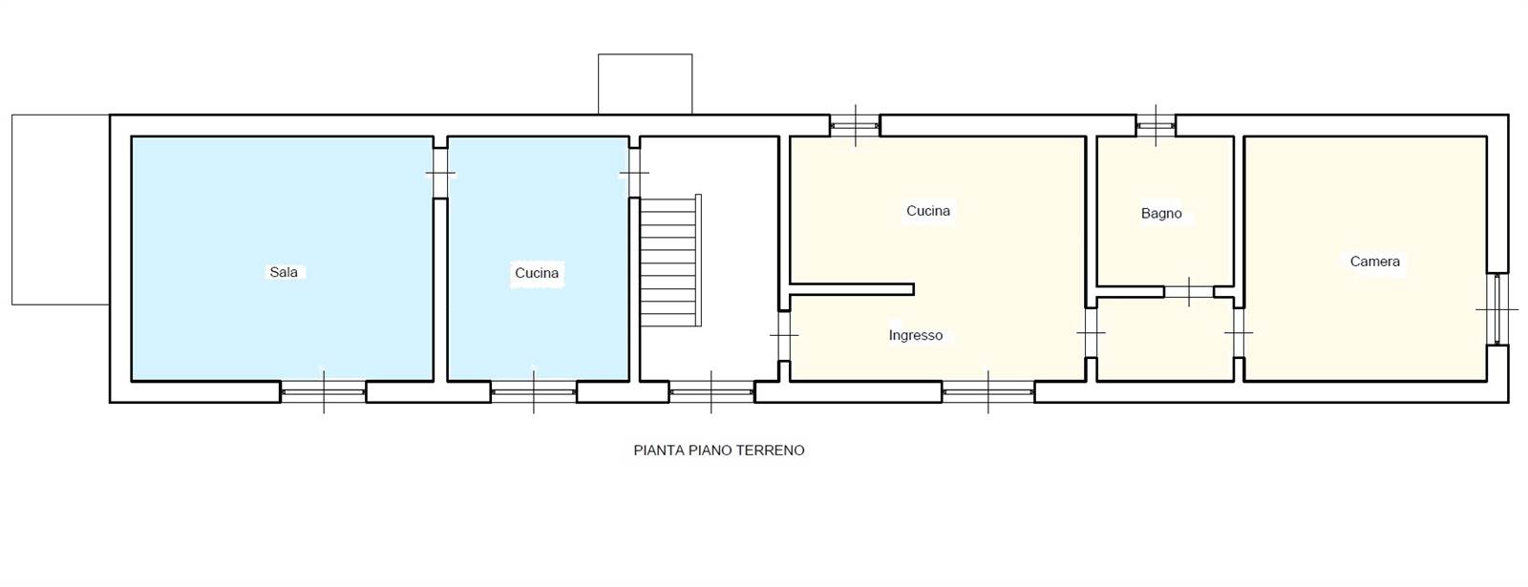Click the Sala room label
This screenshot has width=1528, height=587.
(284, 272)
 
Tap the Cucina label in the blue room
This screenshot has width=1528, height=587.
(537, 273)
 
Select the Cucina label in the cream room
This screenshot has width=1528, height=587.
(927, 211)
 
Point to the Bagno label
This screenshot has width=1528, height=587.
(1161, 214)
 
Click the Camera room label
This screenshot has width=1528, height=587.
(1374, 262)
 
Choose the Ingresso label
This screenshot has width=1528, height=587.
(916, 335)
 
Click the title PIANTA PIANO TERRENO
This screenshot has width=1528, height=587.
(719, 450)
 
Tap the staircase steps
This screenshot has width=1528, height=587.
(670, 261)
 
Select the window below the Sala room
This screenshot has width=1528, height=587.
(324, 392)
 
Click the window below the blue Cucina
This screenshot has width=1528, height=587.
(534, 392)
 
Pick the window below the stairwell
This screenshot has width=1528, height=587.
(711, 392)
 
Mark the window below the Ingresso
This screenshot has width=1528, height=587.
(987, 392)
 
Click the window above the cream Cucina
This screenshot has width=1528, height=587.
(855, 125)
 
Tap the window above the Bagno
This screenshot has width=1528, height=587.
(1156, 125)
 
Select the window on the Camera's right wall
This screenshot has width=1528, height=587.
(1497, 309)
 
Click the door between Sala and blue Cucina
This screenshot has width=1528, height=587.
(440, 173)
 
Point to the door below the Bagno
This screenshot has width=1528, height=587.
(1188, 292)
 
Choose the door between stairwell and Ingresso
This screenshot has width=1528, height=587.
(784, 335)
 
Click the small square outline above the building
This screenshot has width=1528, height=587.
(646, 84)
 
